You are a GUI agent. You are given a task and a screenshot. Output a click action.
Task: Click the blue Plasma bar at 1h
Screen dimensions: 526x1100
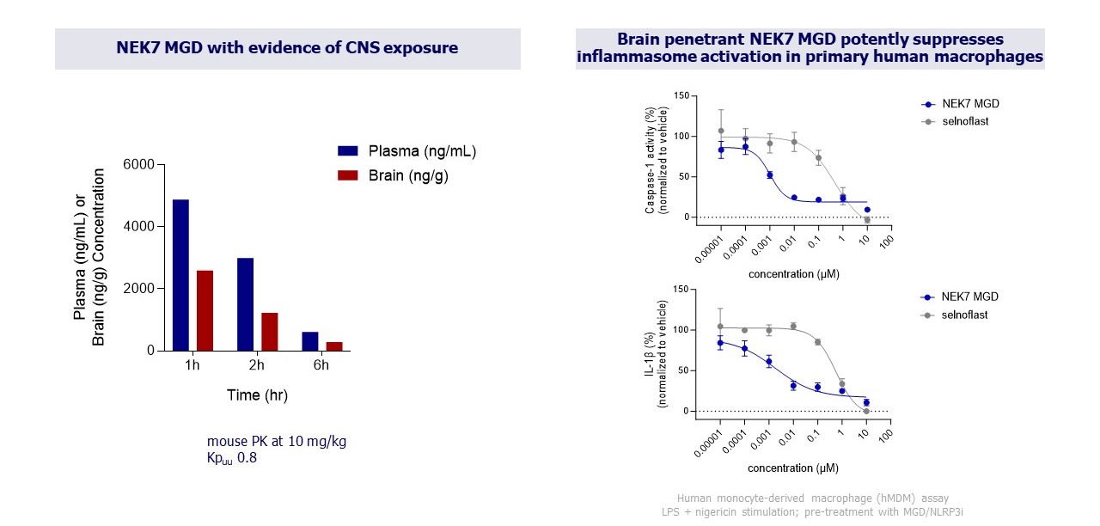tap(180, 275)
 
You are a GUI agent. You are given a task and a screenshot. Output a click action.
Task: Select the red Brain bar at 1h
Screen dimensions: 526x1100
tap(205, 310)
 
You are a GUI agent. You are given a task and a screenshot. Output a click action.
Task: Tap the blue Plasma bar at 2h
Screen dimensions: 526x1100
tap(245, 304)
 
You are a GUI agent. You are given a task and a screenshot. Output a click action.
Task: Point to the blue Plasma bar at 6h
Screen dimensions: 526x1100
tap(309, 341)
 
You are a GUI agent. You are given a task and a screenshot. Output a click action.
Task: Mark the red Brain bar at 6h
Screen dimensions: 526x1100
tap(333, 346)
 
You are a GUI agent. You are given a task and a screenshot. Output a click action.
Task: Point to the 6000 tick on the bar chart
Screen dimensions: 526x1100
tap(137, 165)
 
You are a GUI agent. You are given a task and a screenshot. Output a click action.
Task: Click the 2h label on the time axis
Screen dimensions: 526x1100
tap(257, 365)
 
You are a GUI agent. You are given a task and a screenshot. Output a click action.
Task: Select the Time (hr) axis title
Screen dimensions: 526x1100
tap(257, 395)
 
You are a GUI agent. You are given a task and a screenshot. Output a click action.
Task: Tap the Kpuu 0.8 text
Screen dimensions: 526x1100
tap(232, 458)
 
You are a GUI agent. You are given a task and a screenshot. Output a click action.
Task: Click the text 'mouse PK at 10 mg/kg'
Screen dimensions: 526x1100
tap(277, 442)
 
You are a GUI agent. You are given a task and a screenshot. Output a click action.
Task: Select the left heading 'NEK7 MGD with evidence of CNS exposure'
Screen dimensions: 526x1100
tap(287, 48)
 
